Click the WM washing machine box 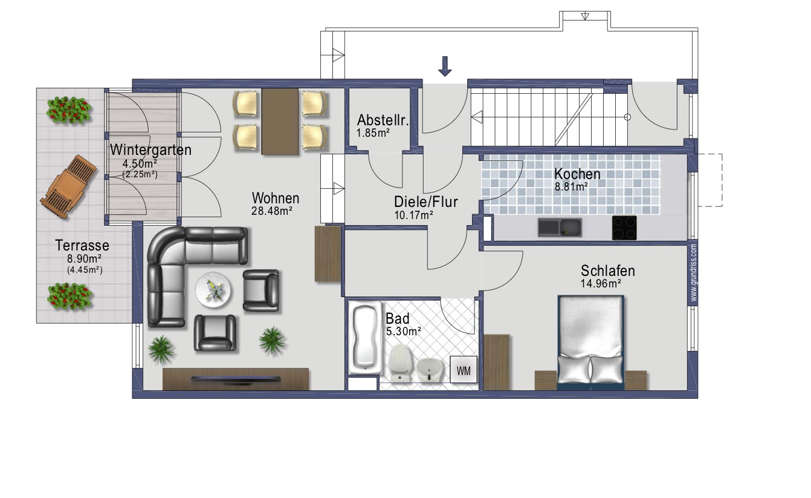click(x=464, y=369)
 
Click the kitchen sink click(x=560, y=228)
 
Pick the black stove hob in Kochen click(x=624, y=228)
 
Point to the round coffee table click(x=213, y=290)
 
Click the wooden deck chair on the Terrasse click(x=68, y=186)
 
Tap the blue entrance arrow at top click(x=445, y=67)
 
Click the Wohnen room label click(x=276, y=198)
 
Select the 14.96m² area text click(x=601, y=283)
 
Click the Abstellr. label click(x=383, y=120)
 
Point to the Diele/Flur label click(x=426, y=201)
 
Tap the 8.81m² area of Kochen click(x=571, y=186)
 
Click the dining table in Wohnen click(x=280, y=122)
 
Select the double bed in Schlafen click(x=591, y=342)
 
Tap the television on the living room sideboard click(x=236, y=379)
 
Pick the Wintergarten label click(x=150, y=149)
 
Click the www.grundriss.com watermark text click(x=694, y=272)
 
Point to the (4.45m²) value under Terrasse click(x=85, y=270)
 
